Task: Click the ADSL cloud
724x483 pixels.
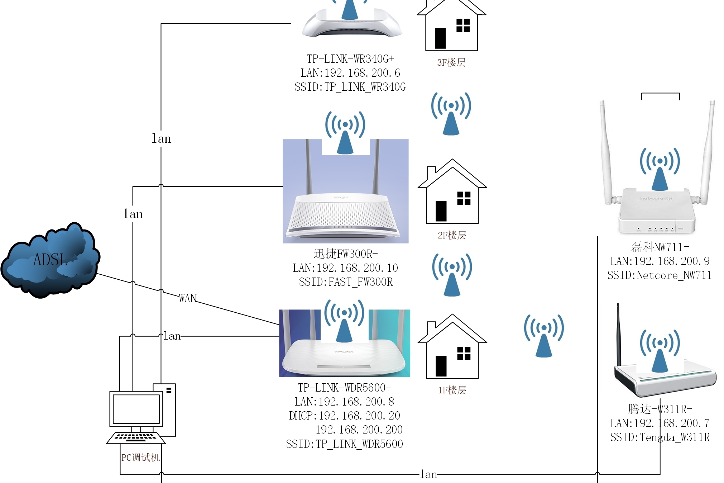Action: pos(50,260)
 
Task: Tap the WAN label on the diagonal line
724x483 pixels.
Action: pos(188,298)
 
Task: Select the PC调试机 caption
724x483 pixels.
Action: pos(140,458)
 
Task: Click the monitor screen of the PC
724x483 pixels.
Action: pos(136,409)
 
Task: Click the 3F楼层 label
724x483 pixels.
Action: pos(451,63)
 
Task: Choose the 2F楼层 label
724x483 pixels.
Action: pos(452,236)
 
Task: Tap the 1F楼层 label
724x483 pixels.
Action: pos(452,390)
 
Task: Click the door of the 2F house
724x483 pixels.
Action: pos(441,211)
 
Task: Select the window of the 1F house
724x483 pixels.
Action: pos(464,353)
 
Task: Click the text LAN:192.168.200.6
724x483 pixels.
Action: pos(350,73)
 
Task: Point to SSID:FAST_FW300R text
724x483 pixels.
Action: pos(346,282)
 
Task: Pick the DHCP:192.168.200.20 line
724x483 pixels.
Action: pos(344,416)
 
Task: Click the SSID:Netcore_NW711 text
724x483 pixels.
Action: pos(659,275)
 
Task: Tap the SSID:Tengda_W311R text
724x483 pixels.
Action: pos(660,437)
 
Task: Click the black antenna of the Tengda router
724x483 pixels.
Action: pos(618,333)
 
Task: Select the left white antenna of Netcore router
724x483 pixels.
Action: pos(606,151)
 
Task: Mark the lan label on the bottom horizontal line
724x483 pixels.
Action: pos(428,474)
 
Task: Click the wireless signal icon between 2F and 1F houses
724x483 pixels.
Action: pos(452,275)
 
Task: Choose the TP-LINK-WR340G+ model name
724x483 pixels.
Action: pos(350,59)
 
